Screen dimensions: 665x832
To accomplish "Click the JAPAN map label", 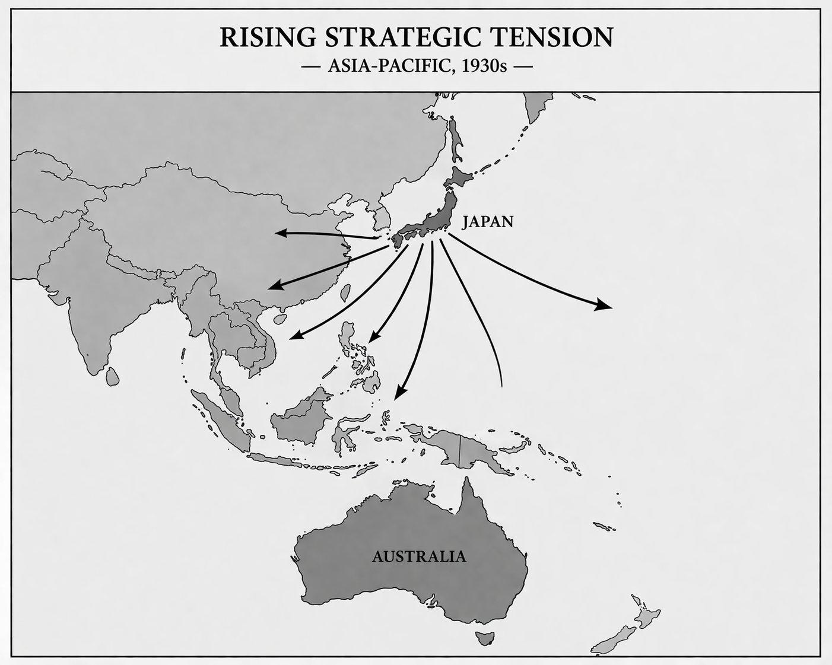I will pos(488,222).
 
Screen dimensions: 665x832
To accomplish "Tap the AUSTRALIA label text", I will pos(418,556).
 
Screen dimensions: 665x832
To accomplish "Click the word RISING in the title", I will pos(268,37).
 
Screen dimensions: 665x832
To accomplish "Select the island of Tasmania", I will pos(484,638).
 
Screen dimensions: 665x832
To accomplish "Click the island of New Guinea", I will pos(463,448).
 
